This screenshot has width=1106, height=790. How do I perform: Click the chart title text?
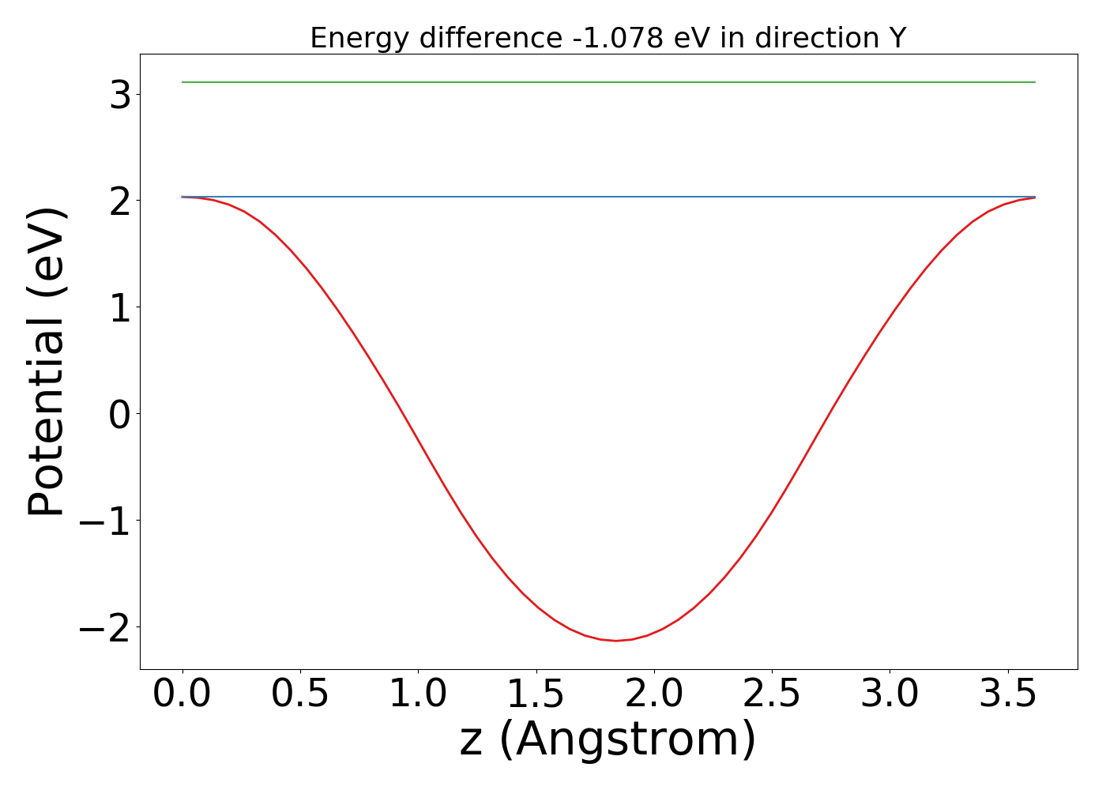pyautogui.click(x=608, y=38)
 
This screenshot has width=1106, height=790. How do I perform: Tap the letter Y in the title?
pyautogui.click(x=897, y=38)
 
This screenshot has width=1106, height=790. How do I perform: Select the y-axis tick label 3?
pyautogui.click(x=121, y=95)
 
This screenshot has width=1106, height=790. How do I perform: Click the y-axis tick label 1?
pyautogui.click(x=121, y=307)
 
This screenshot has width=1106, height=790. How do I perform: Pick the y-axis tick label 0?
pyautogui.click(x=121, y=414)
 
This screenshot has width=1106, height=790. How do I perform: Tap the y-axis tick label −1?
pyautogui.click(x=107, y=521)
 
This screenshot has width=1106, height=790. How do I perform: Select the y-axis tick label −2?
pyautogui.click(x=107, y=627)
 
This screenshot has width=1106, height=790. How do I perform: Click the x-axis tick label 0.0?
pyautogui.click(x=182, y=694)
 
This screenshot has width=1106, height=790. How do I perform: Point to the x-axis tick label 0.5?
pyautogui.click(x=300, y=694)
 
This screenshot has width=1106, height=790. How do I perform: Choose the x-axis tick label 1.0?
pyautogui.click(x=418, y=694)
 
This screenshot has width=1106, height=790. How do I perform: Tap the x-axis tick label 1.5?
pyautogui.click(x=536, y=694)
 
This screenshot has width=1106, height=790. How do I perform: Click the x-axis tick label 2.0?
pyautogui.click(x=654, y=694)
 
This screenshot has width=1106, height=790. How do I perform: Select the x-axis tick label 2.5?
pyautogui.click(x=772, y=694)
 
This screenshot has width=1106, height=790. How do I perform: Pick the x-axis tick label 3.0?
pyautogui.click(x=890, y=694)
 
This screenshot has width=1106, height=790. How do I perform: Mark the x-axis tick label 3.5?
pyautogui.click(x=1007, y=694)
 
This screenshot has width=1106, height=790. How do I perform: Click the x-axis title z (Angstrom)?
pyautogui.click(x=608, y=741)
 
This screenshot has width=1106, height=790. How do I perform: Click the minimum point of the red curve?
pyautogui.click(x=616, y=641)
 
